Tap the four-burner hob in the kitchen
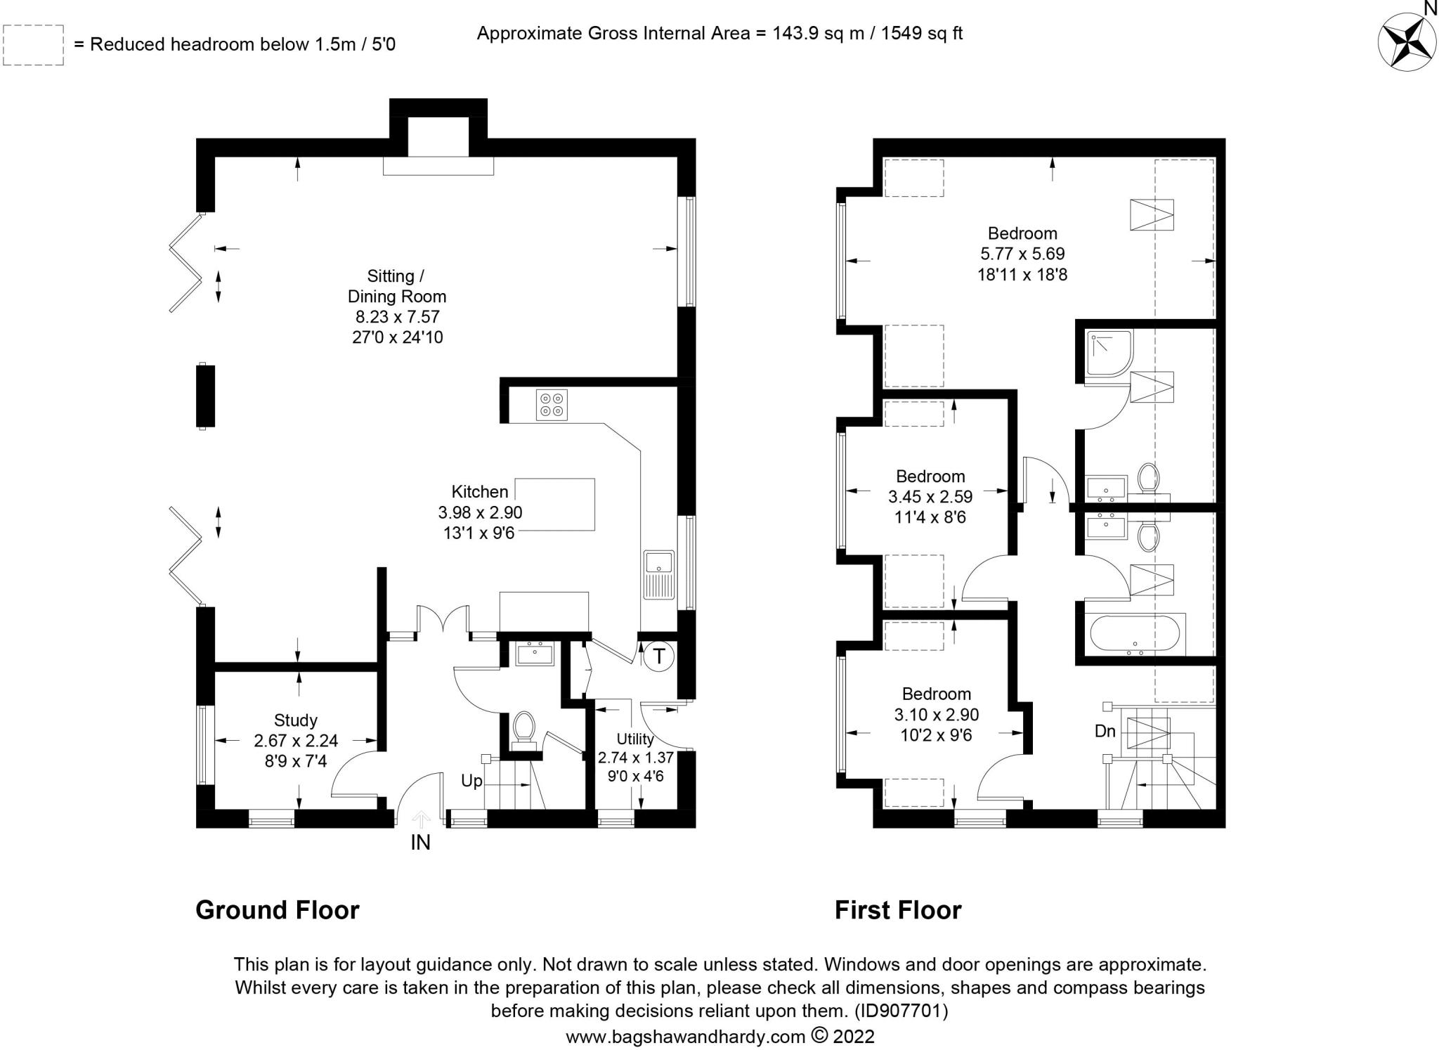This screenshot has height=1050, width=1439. (x=552, y=405)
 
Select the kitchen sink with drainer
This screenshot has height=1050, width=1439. (x=659, y=575)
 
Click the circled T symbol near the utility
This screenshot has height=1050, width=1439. (x=659, y=656)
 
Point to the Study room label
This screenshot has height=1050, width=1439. (x=296, y=720)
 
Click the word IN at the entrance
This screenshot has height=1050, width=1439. (x=420, y=843)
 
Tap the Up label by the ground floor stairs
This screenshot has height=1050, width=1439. (x=471, y=781)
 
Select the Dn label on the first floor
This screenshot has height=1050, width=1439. (x=1105, y=732)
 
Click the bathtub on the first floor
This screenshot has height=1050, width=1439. (x=1135, y=635)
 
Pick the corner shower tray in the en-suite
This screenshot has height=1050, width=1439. (x=1109, y=354)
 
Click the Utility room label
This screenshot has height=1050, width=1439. (x=635, y=739)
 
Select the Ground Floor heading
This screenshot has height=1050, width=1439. (x=278, y=910)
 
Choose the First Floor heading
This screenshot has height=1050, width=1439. (x=898, y=910)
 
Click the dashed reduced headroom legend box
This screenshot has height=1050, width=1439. (x=33, y=45)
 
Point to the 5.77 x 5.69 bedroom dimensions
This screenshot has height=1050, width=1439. (x=1022, y=254)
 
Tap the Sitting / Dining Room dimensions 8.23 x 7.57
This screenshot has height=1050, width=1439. (x=397, y=317)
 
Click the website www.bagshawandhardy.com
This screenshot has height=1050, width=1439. (x=685, y=1037)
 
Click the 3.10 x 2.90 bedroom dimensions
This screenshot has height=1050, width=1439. (x=937, y=715)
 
